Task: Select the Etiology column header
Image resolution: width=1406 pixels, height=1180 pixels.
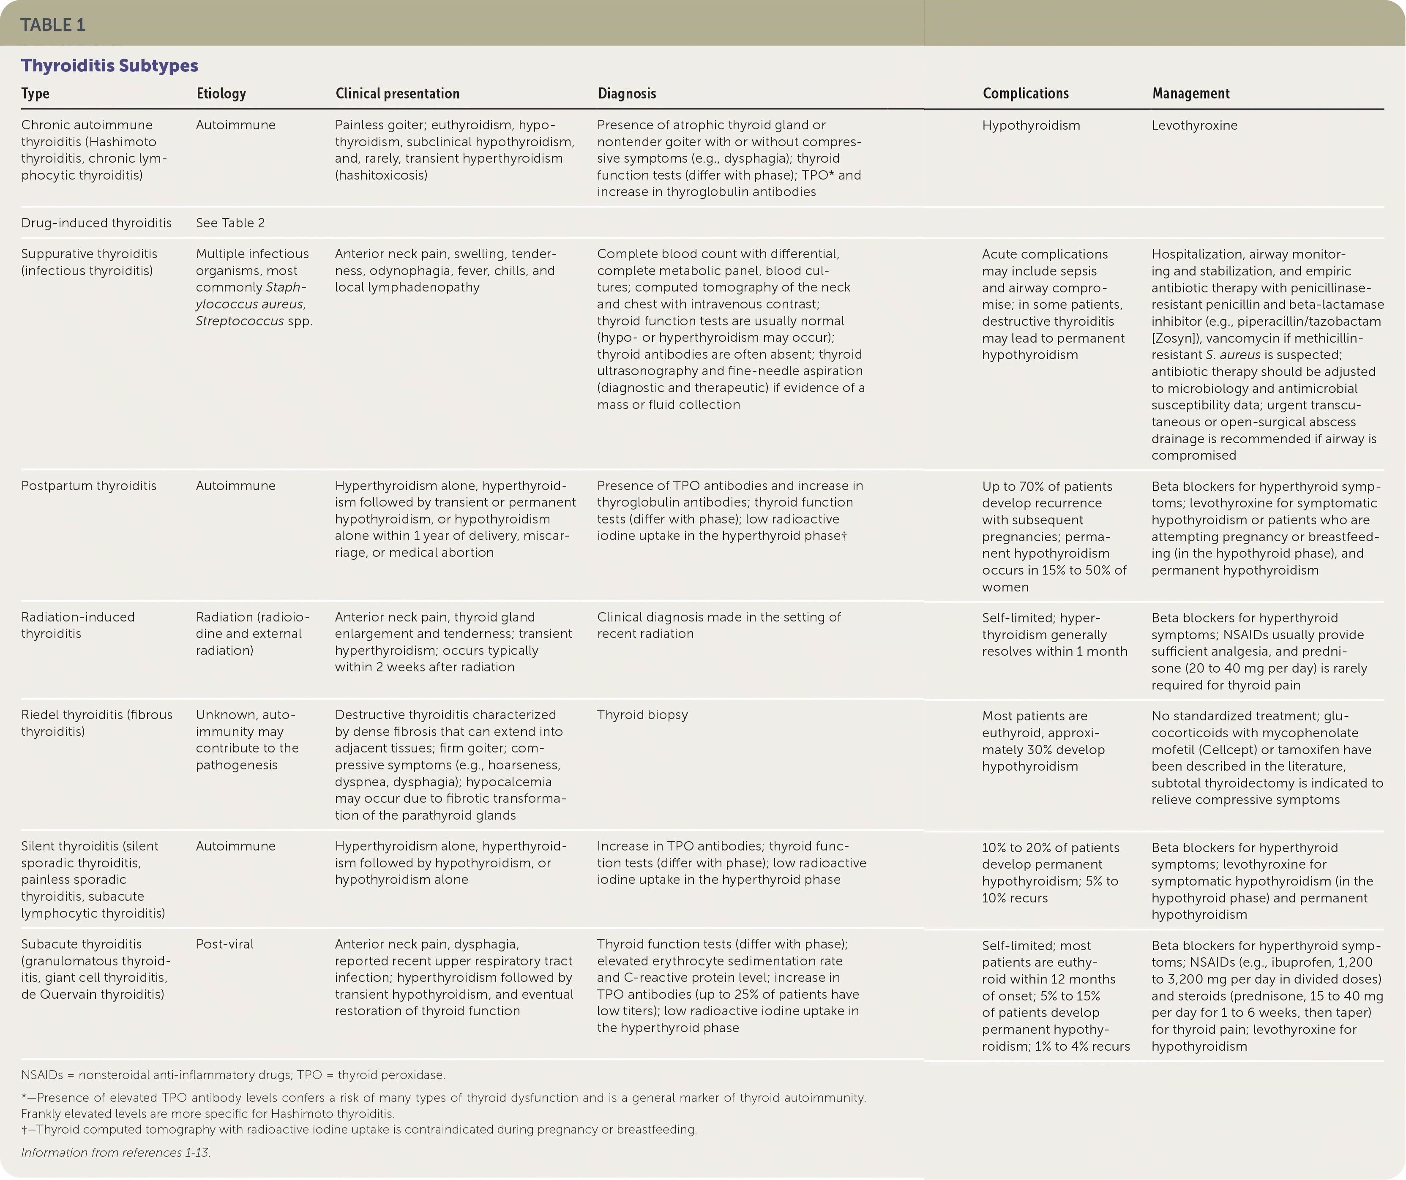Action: tap(221, 94)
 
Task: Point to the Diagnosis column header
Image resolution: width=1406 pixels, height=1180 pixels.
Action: tap(627, 94)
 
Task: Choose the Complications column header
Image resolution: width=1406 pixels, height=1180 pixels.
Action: tap(1025, 94)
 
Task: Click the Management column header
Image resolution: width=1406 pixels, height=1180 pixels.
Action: tap(1190, 94)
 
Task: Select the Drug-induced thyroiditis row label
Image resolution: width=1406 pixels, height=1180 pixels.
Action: tap(96, 223)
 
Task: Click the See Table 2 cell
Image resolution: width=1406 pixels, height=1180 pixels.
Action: tap(230, 223)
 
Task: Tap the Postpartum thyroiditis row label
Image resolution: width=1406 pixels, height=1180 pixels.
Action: tap(88, 486)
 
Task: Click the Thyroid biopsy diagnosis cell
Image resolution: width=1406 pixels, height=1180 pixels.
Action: tap(642, 715)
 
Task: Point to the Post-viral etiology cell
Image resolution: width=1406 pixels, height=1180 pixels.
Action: tap(224, 944)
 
